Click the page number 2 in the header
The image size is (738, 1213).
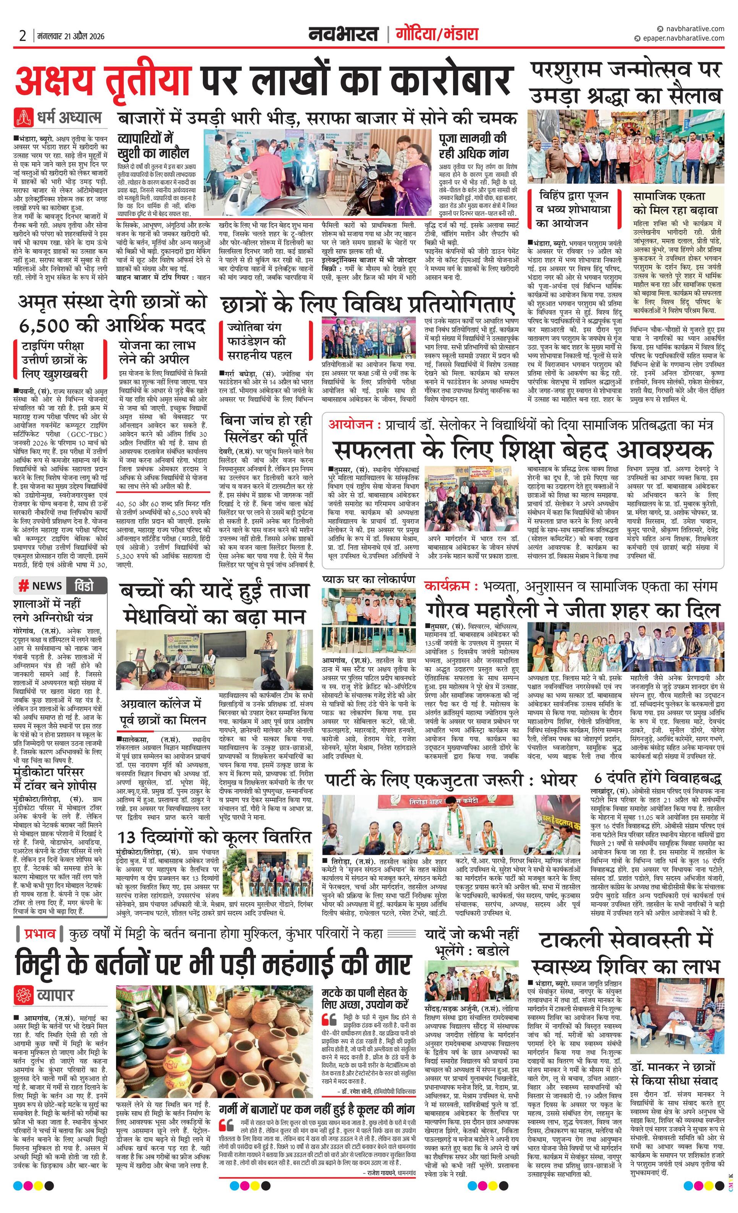pyautogui.click(x=23, y=36)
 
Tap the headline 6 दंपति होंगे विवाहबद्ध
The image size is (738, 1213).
pyautogui.click(x=658, y=778)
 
